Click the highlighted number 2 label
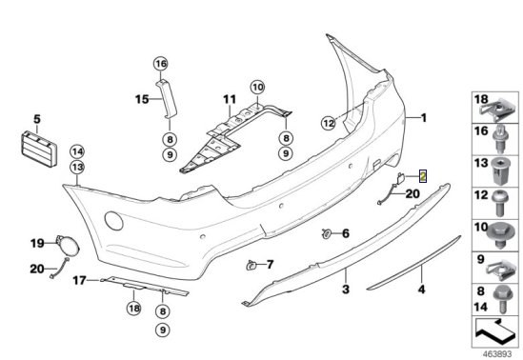(x=423, y=176)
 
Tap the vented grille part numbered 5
(x=39, y=149)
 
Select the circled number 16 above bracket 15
(x=161, y=64)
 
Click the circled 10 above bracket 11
(x=257, y=88)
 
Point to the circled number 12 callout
(x=329, y=124)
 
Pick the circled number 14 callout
(x=77, y=152)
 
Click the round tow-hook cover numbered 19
(x=68, y=244)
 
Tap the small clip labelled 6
(x=326, y=233)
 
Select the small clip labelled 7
(x=251, y=266)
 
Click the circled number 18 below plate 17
(x=134, y=309)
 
